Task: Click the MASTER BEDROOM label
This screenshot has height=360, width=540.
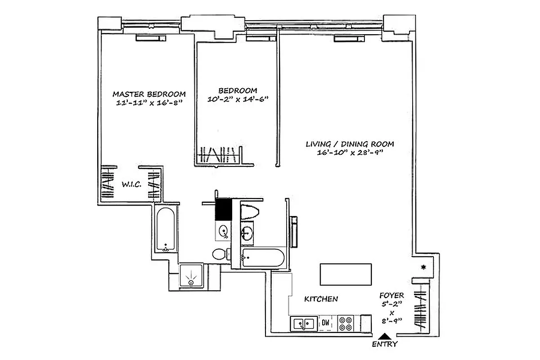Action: pos(149,94)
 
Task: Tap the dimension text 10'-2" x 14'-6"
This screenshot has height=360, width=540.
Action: pos(237,99)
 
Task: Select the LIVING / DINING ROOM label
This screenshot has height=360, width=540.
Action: pos(350,144)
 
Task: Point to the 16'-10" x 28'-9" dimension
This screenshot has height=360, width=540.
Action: pos(350,153)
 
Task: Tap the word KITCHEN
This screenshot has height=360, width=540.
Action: pos(321,299)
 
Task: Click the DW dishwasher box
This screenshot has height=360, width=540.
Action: pos(325,323)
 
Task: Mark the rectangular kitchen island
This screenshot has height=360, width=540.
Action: pos(346,274)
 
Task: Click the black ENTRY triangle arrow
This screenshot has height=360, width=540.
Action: pos(384,335)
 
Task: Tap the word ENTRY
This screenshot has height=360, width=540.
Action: pos(385,344)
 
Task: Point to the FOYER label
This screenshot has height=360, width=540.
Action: pos(391,296)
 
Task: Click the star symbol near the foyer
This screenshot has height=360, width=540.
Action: pos(423,268)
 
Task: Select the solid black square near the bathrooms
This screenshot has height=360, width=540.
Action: pos(223,209)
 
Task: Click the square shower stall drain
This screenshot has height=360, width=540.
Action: pos(192,282)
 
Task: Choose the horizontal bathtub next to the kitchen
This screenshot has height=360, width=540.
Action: pos(263,258)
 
